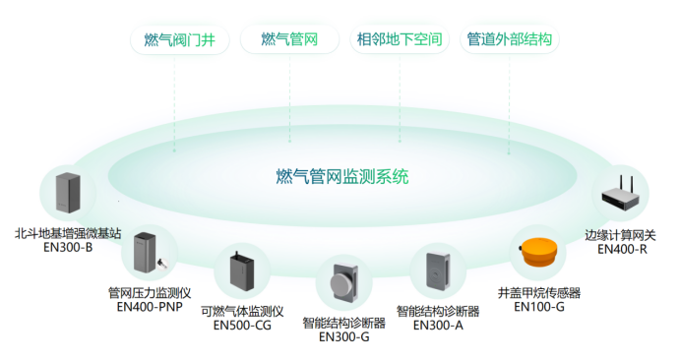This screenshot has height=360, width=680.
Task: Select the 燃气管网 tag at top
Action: pyautogui.click(x=288, y=40)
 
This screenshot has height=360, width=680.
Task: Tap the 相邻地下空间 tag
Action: pyautogui.click(x=398, y=40)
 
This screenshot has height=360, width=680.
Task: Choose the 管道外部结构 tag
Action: pyautogui.click(x=509, y=40)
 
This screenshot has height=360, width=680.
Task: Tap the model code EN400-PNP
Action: pyautogui.click(x=150, y=306)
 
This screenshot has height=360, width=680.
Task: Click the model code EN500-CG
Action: pyautogui.click(x=241, y=326)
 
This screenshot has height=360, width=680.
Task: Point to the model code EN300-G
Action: pyautogui.click(x=344, y=335)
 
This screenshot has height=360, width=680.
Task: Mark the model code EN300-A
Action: pyautogui.click(x=438, y=325)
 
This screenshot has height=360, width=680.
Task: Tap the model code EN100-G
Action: pyautogui.click(x=539, y=307)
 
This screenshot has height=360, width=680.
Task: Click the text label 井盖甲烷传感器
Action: pyautogui.click(x=539, y=292)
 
